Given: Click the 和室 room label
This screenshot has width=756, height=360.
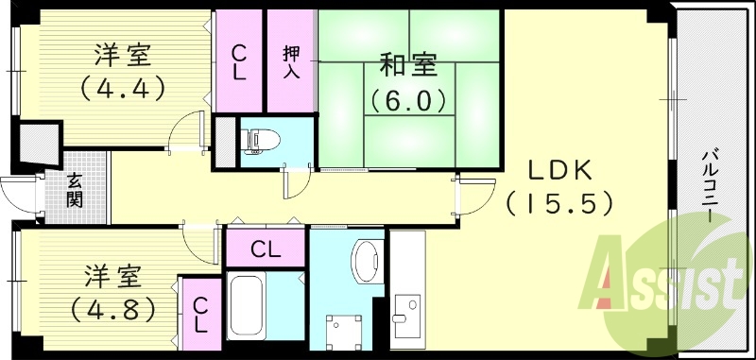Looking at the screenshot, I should point(408,65).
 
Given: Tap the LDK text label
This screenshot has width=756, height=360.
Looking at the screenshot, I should point(558,170).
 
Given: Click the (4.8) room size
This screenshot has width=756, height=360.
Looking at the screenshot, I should point(112,309).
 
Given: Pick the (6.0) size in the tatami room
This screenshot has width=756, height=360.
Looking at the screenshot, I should point(407,98).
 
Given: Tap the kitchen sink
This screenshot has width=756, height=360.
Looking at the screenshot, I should point(407,310).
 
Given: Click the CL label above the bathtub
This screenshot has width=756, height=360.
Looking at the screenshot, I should point(265,250).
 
